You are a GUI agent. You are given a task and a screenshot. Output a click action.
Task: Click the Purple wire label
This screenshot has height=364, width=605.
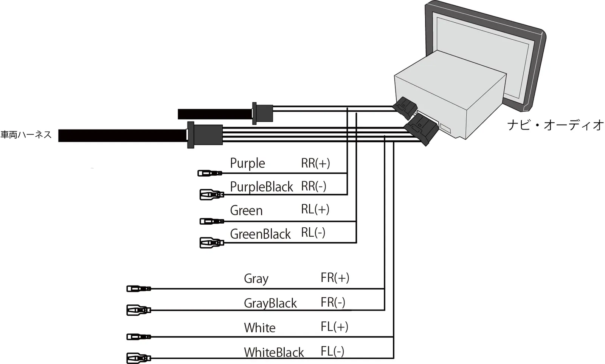[x=247, y=163]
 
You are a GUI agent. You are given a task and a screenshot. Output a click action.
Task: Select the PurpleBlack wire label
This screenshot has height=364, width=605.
[x=261, y=187]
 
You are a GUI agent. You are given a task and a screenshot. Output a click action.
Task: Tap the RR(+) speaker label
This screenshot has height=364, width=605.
[x=315, y=163]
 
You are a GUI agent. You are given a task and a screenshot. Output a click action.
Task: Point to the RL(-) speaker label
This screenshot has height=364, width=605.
[x=313, y=233]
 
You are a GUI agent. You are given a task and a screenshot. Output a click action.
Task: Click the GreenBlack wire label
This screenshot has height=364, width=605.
[x=260, y=234]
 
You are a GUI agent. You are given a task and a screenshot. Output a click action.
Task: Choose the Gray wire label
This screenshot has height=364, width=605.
[x=256, y=279]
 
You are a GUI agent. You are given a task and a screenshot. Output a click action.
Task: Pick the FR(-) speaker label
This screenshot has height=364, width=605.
[x=333, y=302]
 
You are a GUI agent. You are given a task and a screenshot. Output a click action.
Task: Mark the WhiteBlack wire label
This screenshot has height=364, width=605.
[x=274, y=352]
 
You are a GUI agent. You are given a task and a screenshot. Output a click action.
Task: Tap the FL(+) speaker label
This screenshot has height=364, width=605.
[x=334, y=327]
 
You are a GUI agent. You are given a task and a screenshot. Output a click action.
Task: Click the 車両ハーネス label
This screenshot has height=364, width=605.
[x=26, y=135]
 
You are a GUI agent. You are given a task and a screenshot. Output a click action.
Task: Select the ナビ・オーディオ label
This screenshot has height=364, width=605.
[x=555, y=125]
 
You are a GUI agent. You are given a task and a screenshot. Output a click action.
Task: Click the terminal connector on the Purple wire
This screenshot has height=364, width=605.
[x=210, y=173]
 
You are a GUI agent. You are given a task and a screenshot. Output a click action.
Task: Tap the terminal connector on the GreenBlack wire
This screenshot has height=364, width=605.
[x=211, y=242]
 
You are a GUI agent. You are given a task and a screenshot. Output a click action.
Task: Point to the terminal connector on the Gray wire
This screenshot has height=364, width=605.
[x=138, y=289]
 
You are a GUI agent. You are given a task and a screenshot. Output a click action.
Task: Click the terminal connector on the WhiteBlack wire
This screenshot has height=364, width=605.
[x=138, y=358]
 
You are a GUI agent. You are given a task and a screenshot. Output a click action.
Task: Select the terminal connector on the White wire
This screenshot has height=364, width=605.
[x=138, y=336]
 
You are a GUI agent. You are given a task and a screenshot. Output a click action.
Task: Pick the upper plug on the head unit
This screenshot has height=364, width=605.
[x=405, y=108]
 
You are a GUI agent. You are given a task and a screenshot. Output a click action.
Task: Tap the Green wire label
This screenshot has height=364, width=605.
[x=246, y=210]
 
